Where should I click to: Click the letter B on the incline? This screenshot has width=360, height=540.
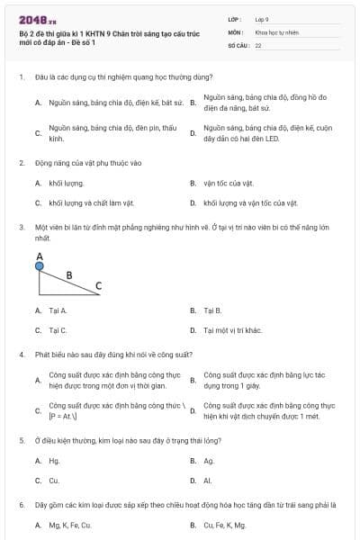(x=69, y=273)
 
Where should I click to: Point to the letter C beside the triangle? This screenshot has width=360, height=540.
(x=99, y=286)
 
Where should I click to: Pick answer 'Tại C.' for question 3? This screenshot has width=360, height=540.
(x=58, y=330)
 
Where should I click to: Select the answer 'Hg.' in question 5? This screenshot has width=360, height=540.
(x=54, y=461)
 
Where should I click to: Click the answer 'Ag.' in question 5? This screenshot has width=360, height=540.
(x=209, y=461)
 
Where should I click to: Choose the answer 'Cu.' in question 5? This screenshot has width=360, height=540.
(x=54, y=481)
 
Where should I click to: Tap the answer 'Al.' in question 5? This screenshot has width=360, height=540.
(x=208, y=481)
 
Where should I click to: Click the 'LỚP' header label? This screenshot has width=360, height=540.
(x=236, y=19)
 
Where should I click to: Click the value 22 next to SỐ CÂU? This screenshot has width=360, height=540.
(x=258, y=44)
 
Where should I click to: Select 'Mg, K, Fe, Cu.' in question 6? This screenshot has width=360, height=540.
(x=71, y=525)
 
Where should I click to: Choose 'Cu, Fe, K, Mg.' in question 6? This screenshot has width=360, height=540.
(x=225, y=525)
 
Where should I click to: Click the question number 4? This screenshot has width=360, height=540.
(x=21, y=355)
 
